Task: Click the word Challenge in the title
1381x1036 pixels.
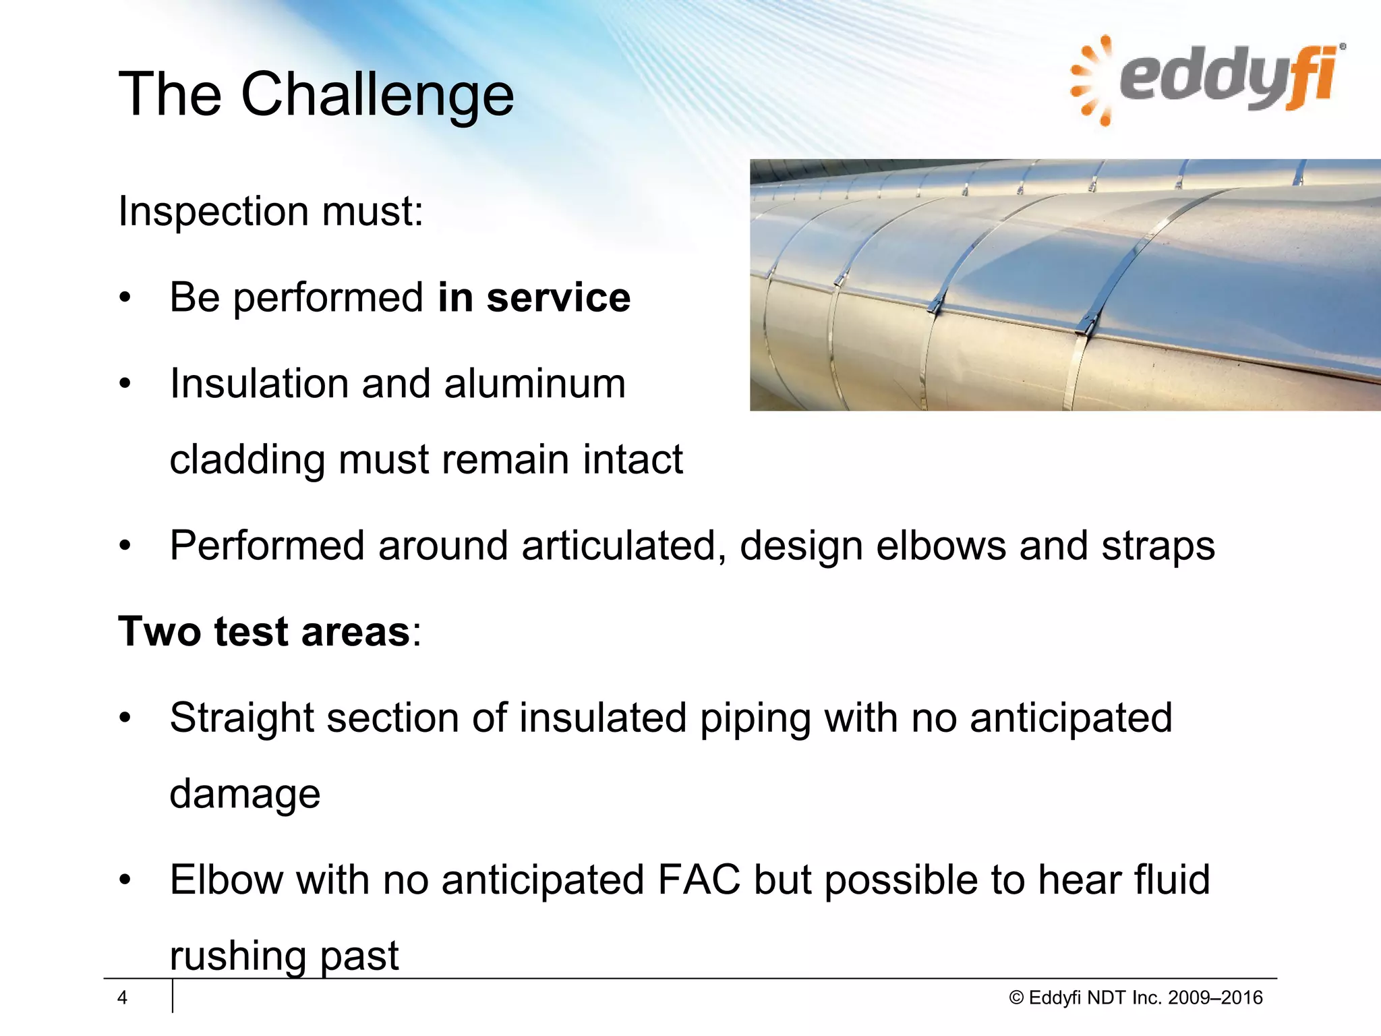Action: point(378,96)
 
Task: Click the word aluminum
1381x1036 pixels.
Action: point(535,384)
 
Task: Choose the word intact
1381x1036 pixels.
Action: point(633,460)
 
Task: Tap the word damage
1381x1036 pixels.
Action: point(245,795)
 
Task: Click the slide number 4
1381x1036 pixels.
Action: point(122,998)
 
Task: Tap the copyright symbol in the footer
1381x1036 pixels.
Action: point(1016,998)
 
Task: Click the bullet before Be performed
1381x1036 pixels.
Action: point(124,298)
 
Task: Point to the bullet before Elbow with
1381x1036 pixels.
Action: point(124,880)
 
